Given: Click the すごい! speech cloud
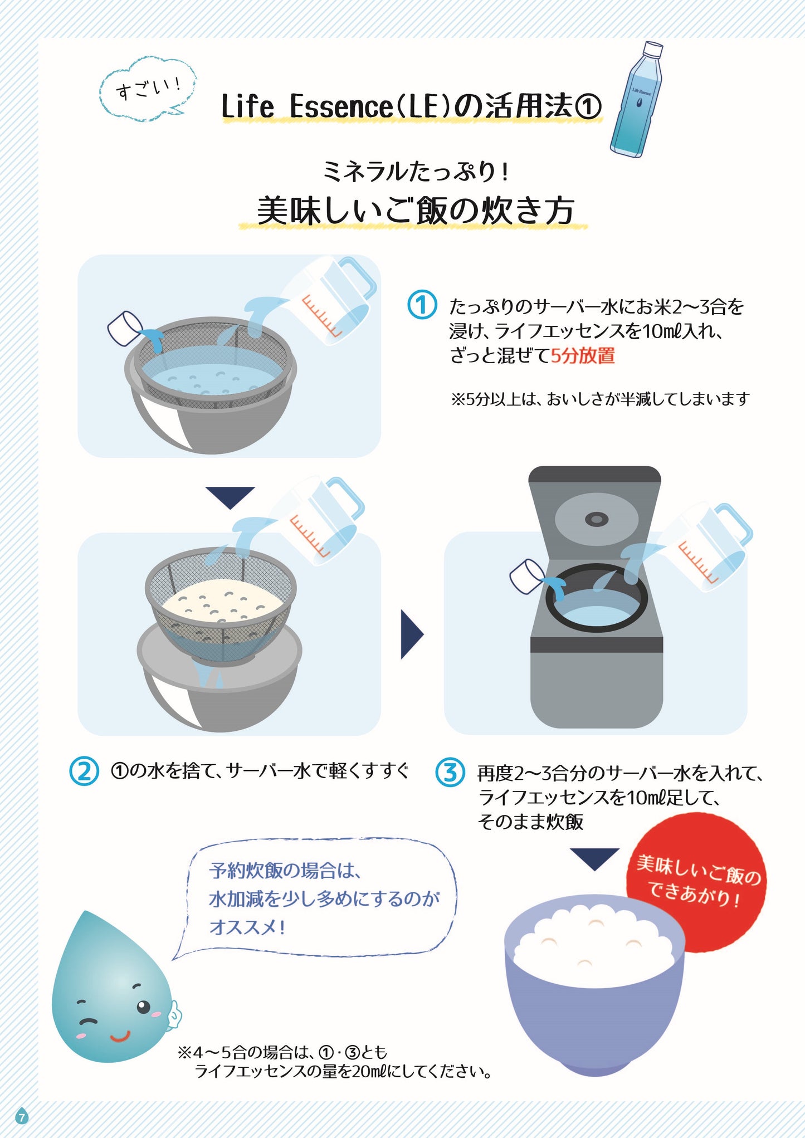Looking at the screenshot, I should coord(148,89).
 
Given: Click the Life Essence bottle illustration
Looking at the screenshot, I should coord(637,101).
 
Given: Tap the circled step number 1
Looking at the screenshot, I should coord(422,305).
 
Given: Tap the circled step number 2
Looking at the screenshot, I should coord(84,771).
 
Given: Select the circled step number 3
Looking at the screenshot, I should coord(450,772).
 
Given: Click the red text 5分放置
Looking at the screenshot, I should coord(583,355).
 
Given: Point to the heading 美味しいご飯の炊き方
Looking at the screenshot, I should coord(414,211).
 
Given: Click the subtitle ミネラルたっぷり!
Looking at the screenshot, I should coord(414,170).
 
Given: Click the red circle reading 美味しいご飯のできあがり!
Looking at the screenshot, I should coord(697,882).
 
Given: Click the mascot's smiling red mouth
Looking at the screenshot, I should coord(119,1037).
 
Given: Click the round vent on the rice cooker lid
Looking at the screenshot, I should coord(596,519).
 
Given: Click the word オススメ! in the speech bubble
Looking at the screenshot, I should coord(247,927).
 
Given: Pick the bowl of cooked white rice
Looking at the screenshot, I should coord(594,980).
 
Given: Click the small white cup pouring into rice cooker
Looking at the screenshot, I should coord(526,575).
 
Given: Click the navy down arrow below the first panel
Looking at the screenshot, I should coord(230,496).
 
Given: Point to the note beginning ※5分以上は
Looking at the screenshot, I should coord(599,399).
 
